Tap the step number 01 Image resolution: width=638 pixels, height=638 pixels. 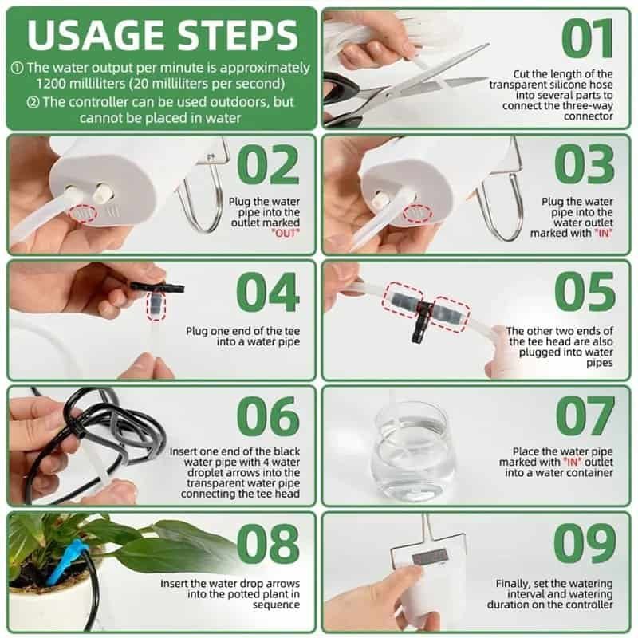point(589,39)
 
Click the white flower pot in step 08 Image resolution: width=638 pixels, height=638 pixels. point(48,606)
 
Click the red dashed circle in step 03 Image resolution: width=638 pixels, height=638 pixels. point(415,214)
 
